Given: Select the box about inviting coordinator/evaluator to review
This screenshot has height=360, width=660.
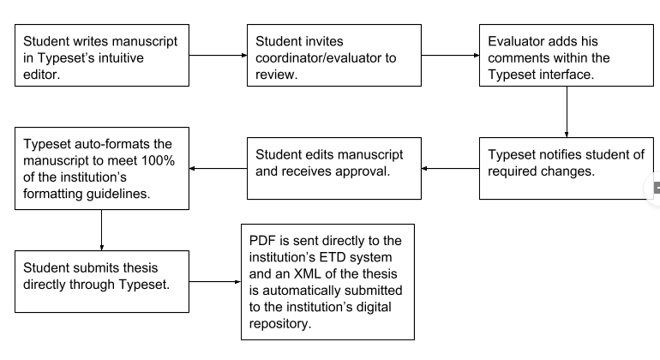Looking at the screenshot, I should pyautogui.click(x=334, y=56).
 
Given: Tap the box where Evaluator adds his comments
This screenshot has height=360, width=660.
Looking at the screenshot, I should pyautogui.click(x=567, y=56).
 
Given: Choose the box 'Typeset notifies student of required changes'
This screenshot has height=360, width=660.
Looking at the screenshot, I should pyautogui.click(x=567, y=168).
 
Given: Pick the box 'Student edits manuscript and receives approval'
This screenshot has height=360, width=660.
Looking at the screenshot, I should pyautogui.click(x=334, y=168).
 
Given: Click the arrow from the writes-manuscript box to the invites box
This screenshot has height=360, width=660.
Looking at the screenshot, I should pyautogui.click(x=218, y=56).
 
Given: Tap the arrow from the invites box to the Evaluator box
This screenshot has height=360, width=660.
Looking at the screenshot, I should pyautogui.click(x=450, y=56).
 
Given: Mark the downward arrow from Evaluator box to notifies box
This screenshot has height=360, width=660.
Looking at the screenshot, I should pyautogui.click(x=567, y=111).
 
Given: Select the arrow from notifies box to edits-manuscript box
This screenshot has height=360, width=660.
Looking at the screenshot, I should pyautogui.click(x=450, y=168).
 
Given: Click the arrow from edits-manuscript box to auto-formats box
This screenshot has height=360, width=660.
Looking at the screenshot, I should pyautogui.click(x=218, y=168).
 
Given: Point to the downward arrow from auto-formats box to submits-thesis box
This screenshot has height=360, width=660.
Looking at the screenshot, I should pyautogui.click(x=102, y=229).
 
